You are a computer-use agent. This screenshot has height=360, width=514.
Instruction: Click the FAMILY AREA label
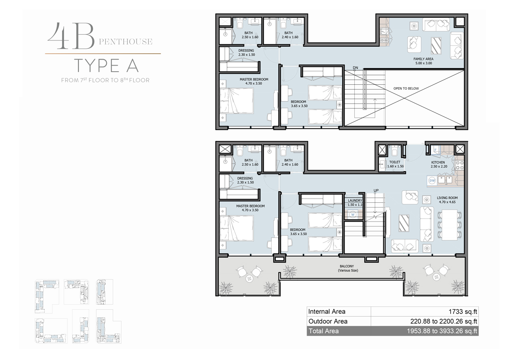pos(423,59)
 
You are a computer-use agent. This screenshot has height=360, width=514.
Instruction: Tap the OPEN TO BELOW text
pos(406,88)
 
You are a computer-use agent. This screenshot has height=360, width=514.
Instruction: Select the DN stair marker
pos(355,68)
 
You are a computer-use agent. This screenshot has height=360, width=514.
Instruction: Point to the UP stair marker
pos(376,190)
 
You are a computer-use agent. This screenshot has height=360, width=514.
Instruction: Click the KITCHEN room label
pos(438,162)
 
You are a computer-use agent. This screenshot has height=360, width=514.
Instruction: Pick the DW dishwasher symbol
pos(432,180)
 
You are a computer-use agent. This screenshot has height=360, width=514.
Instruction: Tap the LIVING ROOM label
pos(447,198)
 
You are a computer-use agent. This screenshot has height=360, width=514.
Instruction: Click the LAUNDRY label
pos(355,200)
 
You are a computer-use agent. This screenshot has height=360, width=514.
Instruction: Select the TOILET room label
pos(395,162)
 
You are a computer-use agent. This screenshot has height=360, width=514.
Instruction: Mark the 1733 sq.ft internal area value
pos(464,312)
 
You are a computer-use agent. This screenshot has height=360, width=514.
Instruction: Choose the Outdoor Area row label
pos(328,321)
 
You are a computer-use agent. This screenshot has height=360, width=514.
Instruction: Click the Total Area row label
pos(323,331)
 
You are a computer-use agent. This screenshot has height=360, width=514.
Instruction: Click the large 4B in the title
pos(70,36)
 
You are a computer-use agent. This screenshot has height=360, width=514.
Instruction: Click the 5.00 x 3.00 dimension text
pos(423,63)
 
